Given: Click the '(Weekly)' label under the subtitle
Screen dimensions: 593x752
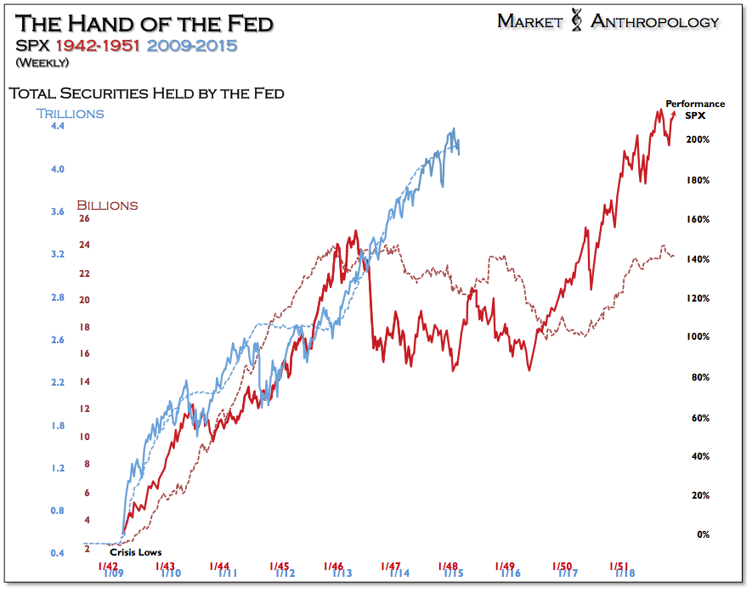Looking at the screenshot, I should click(42, 62).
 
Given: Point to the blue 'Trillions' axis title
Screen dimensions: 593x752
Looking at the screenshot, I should click(69, 113).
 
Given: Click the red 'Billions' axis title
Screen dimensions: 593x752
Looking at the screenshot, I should click(107, 205).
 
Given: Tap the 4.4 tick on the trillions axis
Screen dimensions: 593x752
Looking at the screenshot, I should click(58, 127).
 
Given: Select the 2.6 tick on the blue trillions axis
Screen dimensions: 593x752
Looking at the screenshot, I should click(58, 340).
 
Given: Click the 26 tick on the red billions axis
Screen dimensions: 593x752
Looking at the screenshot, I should click(84, 218).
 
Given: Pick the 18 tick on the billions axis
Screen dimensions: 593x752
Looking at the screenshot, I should click(84, 326).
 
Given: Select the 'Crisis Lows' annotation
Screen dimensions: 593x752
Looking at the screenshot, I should click(136, 552).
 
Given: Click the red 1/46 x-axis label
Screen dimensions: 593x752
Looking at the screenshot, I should click(333, 566).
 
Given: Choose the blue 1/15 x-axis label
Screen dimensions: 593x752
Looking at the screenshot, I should click(453, 574).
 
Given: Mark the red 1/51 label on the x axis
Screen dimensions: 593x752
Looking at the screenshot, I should click(619, 565).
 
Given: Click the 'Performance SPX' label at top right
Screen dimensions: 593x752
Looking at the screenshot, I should click(695, 109).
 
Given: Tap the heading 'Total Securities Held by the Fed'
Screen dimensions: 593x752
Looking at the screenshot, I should click(145, 93).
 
